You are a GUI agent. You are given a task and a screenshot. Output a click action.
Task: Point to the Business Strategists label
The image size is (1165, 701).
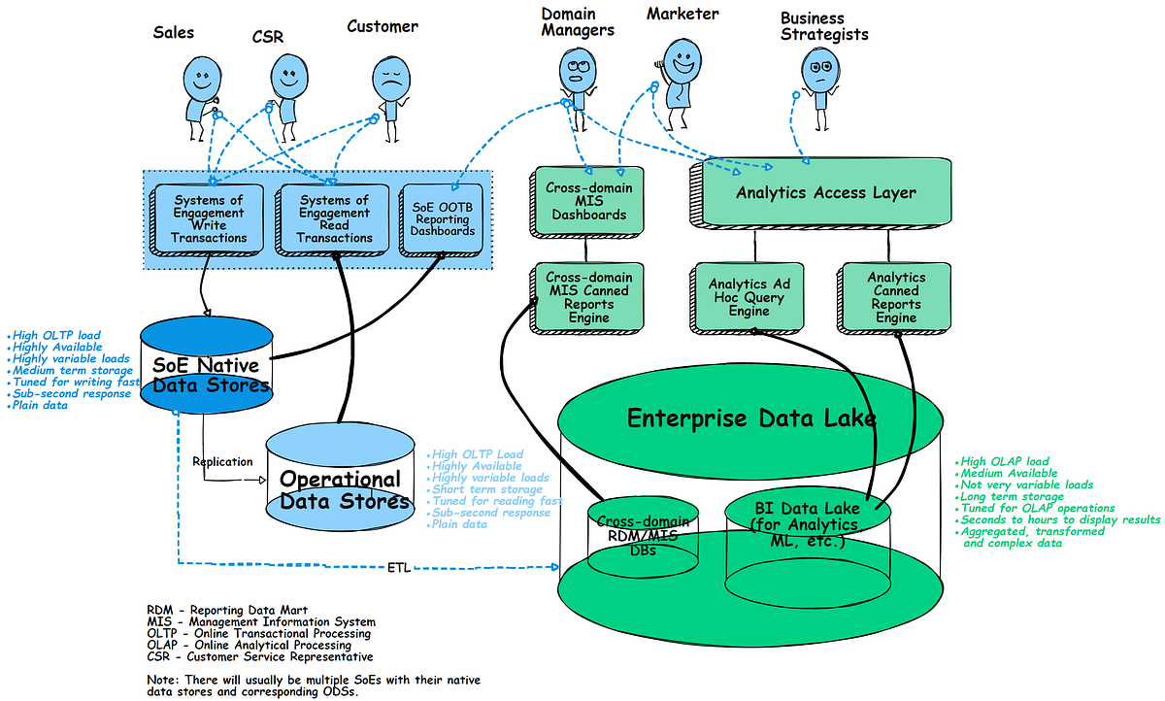coord(823,26)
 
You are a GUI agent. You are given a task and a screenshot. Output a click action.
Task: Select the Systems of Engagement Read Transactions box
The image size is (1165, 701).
coord(334,219)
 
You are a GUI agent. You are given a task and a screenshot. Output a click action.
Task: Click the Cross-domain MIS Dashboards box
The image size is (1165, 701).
coord(587,200)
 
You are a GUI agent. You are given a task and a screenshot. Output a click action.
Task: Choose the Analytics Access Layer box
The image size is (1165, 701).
coord(825,192)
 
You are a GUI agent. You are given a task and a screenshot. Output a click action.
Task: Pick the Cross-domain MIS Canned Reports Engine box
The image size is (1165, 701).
coord(587,297)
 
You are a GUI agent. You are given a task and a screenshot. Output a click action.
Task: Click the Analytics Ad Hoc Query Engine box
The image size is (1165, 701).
coord(748,297)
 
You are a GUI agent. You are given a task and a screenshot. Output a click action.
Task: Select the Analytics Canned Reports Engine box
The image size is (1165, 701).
coord(894,297)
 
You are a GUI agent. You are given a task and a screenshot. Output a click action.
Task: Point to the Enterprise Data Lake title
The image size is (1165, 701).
coord(751,419)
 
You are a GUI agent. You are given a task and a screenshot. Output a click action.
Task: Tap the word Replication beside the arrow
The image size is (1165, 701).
coord(222,461)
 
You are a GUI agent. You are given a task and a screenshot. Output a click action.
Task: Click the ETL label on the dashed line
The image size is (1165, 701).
coord(398,568)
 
